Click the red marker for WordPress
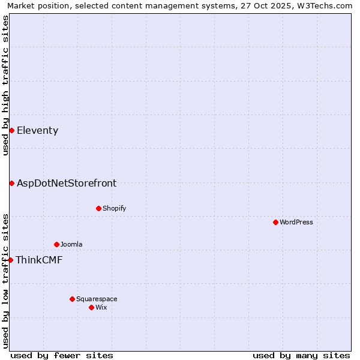275,222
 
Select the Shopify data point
98,208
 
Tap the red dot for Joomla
56,244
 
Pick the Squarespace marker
72,299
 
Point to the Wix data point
91,307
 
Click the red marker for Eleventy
11,130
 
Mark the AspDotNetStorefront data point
11,183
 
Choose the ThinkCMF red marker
10,260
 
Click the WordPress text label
296,222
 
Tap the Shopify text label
114,208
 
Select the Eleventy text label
37,130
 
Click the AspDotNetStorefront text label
67,183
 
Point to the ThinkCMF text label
39,260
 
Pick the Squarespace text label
97,299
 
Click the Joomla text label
71,244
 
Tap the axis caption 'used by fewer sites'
62,355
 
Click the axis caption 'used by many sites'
301,355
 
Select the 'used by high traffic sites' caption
5,85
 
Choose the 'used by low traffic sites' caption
5,280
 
